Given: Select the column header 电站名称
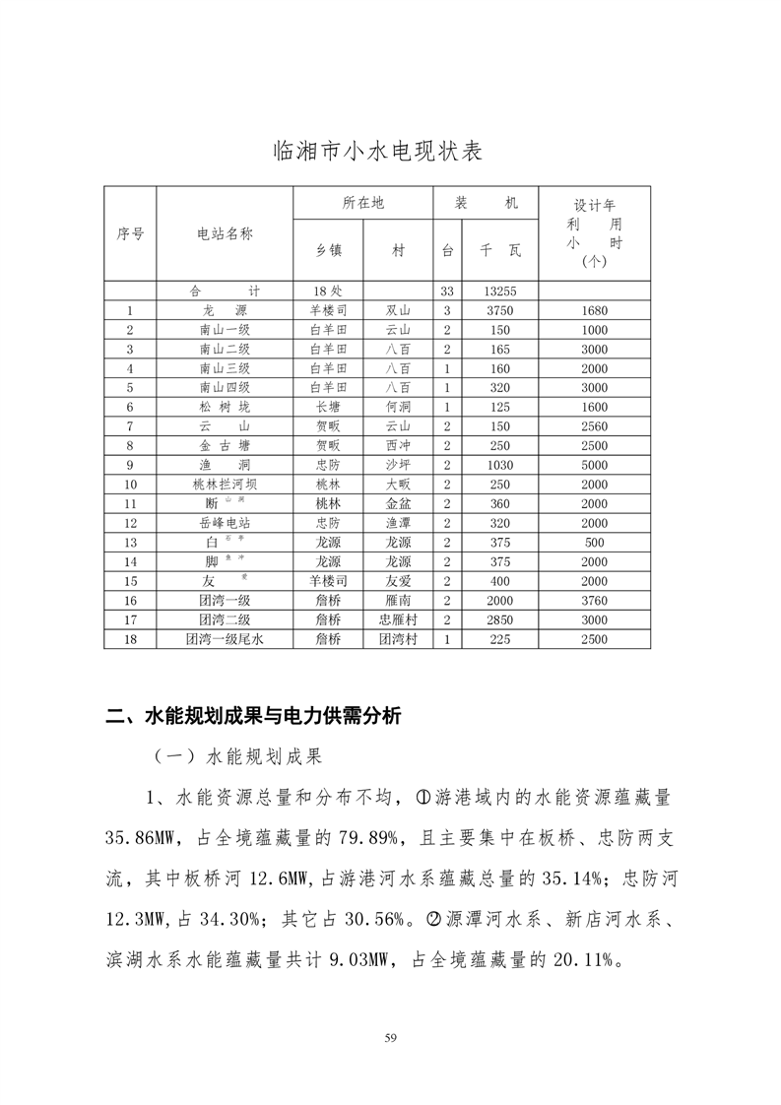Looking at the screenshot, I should [226, 233].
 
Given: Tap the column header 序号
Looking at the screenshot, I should [130, 233].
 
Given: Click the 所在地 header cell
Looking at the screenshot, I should [362, 203].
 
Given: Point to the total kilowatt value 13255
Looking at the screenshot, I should [500, 292].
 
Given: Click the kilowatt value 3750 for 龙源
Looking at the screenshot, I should [500, 310].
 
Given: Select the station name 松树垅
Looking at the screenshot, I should [225, 407].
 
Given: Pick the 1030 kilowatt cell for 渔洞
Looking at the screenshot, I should [500, 465].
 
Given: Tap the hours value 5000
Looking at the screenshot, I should [594, 465].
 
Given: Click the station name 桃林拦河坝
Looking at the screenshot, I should [225, 485].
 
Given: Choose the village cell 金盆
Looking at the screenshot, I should [398, 503].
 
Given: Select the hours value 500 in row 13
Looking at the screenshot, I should [594, 543].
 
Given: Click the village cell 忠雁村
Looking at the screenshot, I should [398, 620].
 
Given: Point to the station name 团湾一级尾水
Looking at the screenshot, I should [225, 639].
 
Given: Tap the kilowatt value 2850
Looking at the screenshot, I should [500, 620].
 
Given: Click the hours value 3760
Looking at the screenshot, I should [594, 601].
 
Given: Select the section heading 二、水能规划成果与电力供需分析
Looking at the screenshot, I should [253, 717].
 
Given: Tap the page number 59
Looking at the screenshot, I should [390, 1036].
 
